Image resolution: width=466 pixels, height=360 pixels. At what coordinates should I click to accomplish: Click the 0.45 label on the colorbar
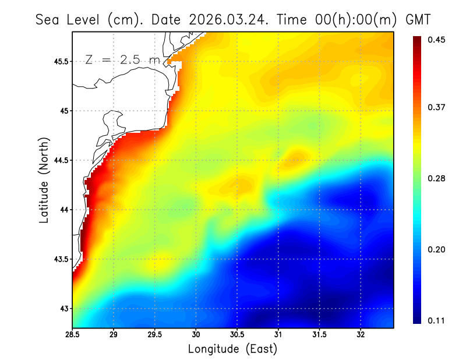[436, 40]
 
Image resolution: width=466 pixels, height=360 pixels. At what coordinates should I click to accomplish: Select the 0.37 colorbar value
[436, 107]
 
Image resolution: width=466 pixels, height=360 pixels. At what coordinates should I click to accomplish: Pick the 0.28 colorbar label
[436, 178]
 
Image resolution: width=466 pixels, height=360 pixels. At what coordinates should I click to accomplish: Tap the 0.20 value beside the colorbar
[436, 249]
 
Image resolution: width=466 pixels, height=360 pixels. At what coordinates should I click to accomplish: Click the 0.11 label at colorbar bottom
[436, 320]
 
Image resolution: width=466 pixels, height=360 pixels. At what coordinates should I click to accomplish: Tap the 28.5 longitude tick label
[73, 336]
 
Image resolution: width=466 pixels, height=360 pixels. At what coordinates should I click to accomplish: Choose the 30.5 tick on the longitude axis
[237, 336]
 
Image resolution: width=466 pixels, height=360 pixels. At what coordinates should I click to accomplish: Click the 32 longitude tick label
[361, 336]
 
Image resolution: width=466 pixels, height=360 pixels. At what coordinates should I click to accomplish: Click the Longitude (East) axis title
[232, 349]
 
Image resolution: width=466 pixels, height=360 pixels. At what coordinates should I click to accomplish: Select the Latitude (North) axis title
[44, 181]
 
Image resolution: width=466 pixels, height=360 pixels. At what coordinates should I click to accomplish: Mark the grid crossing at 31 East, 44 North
[278, 210]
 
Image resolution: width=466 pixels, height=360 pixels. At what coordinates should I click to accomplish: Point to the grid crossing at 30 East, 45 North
[196, 111]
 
